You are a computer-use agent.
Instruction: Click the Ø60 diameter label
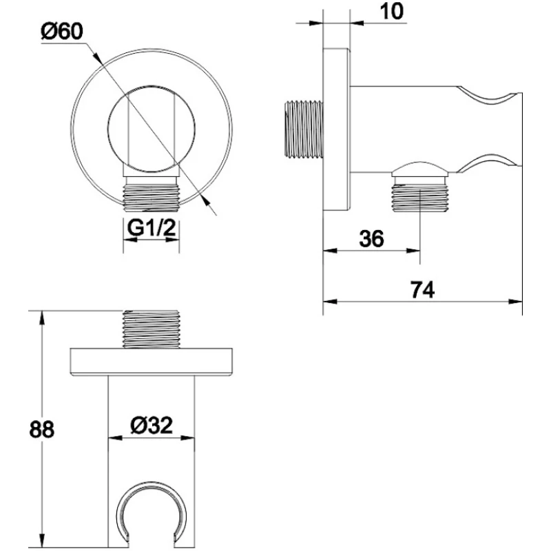(x=62, y=31)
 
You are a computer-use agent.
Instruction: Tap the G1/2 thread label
(x=151, y=228)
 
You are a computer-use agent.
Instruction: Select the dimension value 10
(x=392, y=11)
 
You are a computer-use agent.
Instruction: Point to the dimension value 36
(x=371, y=238)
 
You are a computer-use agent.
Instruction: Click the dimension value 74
(x=422, y=290)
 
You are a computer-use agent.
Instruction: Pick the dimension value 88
(x=42, y=429)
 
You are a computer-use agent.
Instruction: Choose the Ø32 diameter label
(x=152, y=425)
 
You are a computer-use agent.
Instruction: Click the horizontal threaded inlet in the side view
(x=304, y=129)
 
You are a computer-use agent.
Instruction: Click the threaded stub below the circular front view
(x=152, y=198)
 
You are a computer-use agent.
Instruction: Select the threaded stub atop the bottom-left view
(x=151, y=329)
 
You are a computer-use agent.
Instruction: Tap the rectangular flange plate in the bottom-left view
(x=151, y=362)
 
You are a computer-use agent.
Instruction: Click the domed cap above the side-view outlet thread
(x=420, y=169)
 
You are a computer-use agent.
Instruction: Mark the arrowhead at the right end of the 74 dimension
(x=515, y=301)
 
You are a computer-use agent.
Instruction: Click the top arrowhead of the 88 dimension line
(x=42, y=318)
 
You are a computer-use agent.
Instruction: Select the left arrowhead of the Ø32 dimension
(x=115, y=438)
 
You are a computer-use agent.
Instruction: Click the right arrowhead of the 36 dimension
(x=413, y=251)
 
